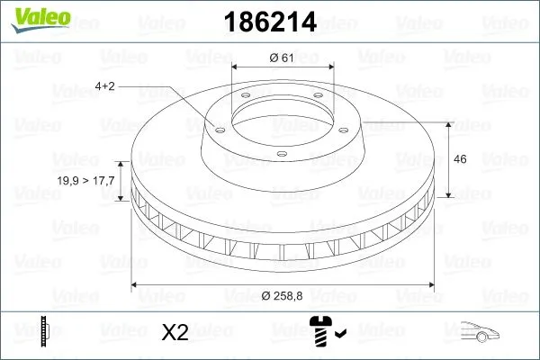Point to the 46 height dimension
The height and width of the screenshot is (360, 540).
(459, 158)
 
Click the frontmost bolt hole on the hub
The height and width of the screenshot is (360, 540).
(282, 155)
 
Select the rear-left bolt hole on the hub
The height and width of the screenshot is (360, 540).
(244, 97)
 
